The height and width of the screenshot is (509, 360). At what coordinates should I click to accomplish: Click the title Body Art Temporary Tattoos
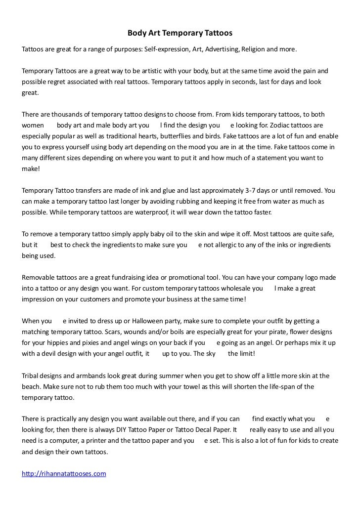(x=180, y=34)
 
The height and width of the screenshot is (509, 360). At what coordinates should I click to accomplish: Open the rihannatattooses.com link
(x=64, y=473)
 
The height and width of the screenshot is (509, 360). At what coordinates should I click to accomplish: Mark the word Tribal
(x=32, y=376)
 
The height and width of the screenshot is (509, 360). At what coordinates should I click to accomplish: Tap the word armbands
(x=87, y=376)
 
